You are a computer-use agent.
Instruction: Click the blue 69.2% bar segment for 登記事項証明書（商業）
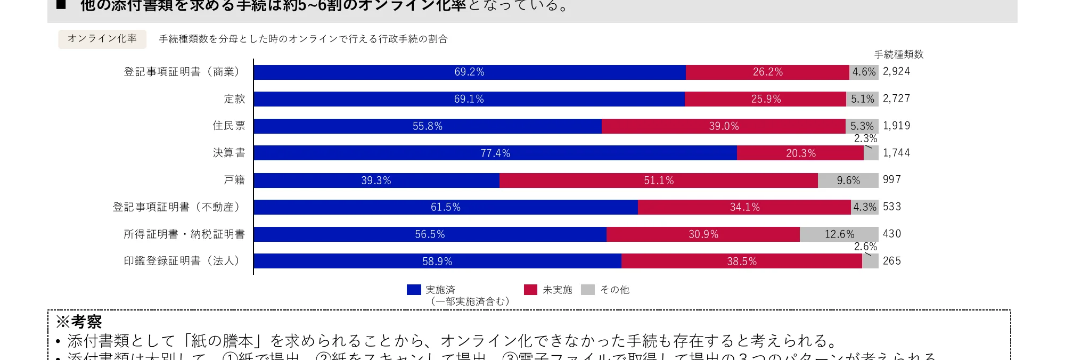pyautogui.click(x=469, y=72)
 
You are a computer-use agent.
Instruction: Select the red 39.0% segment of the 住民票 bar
pyautogui.click(x=723, y=126)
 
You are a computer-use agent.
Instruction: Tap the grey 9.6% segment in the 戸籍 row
pyautogui.click(x=848, y=181)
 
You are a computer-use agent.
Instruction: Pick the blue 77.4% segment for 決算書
pyautogui.click(x=495, y=153)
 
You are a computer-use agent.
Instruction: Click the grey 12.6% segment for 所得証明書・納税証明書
pyautogui.click(x=839, y=234)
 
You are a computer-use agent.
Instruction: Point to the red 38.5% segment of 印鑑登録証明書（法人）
pyautogui.click(x=741, y=261)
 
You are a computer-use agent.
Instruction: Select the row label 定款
pyautogui.click(x=234, y=99)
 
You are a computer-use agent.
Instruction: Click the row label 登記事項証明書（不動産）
pyautogui.click(x=178, y=207)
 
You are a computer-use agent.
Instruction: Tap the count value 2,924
pyautogui.click(x=896, y=71)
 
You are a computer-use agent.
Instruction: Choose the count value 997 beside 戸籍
pyautogui.click(x=891, y=179)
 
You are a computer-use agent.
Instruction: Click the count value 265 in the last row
pyautogui.click(x=891, y=261)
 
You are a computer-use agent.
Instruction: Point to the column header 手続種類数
pyautogui.click(x=898, y=54)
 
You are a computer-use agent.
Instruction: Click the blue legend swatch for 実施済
pyautogui.click(x=414, y=290)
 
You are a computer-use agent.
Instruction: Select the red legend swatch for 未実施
pyautogui.click(x=530, y=290)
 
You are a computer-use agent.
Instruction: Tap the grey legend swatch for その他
pyautogui.click(x=587, y=290)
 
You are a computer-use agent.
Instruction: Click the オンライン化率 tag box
pyautogui.click(x=102, y=39)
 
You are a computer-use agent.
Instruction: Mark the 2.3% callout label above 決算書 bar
pyautogui.click(x=865, y=138)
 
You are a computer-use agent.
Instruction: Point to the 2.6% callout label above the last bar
pyautogui.click(x=865, y=247)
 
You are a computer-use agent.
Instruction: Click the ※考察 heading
pyautogui.click(x=79, y=322)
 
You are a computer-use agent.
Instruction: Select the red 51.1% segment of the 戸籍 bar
pyautogui.click(x=658, y=181)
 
